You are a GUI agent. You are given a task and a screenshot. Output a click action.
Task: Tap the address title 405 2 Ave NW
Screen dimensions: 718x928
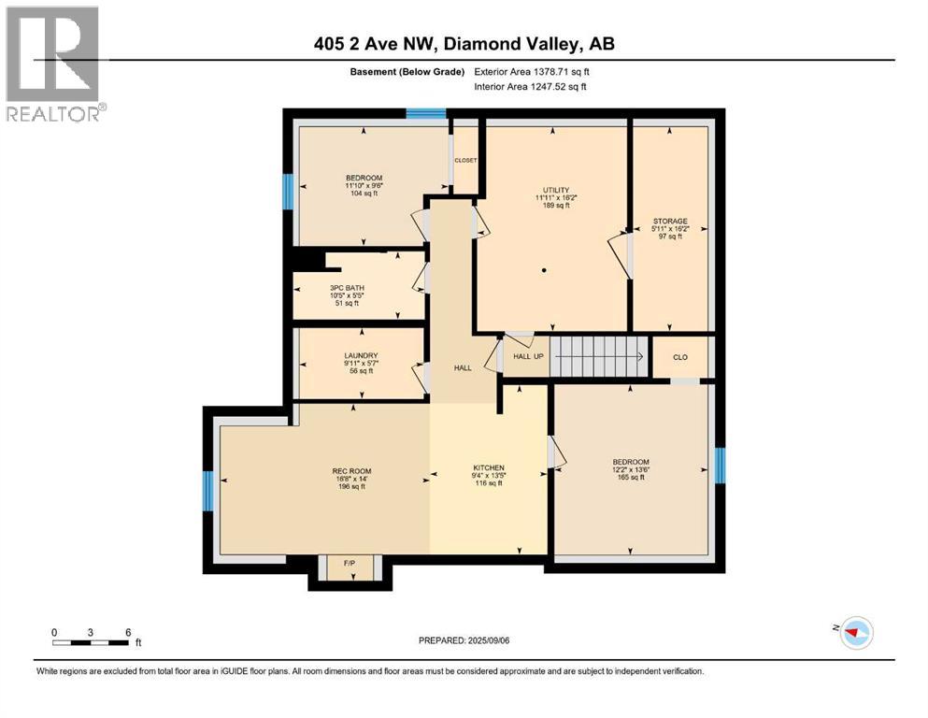pos(464,43)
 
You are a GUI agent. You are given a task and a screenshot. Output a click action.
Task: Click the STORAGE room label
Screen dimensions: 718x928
pos(669,229)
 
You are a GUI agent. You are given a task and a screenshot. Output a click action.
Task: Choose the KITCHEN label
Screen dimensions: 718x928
pos(488,475)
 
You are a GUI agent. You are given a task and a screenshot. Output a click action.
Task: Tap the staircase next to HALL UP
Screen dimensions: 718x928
pos(596,355)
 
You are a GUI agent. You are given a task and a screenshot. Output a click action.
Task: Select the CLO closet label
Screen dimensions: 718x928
pos(681,357)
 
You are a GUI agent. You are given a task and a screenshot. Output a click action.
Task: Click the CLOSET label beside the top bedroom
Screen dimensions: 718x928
pos(465,161)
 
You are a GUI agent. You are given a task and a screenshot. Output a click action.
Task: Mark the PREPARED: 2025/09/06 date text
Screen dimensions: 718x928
pos(464,641)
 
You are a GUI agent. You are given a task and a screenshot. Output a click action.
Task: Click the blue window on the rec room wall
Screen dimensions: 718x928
pos(208,491)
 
